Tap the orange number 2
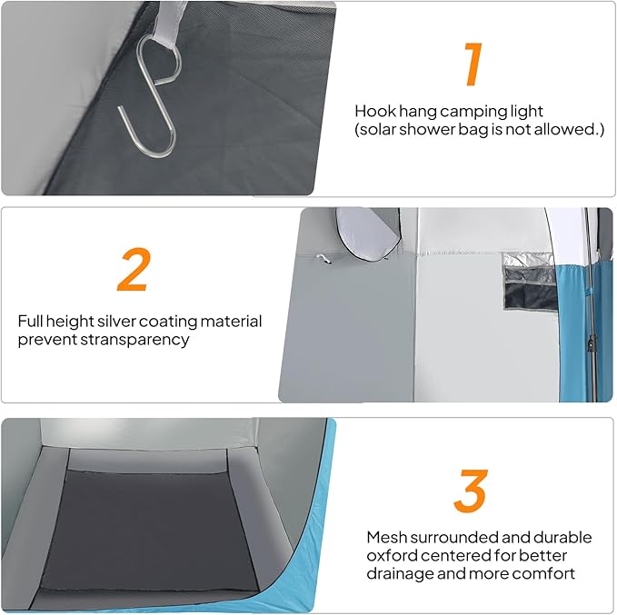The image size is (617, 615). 134,270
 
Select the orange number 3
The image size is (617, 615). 471,491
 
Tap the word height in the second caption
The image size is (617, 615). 69,322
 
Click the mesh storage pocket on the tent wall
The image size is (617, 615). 530,282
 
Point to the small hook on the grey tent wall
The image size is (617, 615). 323,258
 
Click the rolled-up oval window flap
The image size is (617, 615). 368,235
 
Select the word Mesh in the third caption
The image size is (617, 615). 386,538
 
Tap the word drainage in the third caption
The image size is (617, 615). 400,574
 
